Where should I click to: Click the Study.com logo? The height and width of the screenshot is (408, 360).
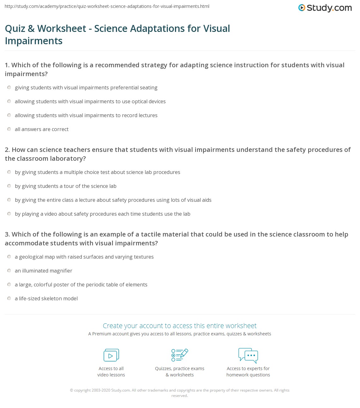pos(325,8)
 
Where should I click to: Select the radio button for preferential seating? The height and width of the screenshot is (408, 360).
pos(9,87)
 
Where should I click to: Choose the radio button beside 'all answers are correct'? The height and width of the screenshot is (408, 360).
pos(9,129)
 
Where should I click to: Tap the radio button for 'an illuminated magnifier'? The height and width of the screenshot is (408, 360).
pos(9,271)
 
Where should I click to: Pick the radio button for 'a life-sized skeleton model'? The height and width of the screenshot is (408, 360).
pos(9,298)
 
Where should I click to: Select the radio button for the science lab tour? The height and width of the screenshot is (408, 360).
pos(9,186)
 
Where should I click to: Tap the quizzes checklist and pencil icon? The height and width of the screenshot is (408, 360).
pos(180,355)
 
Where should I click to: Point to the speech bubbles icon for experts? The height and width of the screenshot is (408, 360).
pos(248,355)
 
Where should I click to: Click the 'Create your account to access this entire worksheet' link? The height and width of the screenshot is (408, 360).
pos(180,326)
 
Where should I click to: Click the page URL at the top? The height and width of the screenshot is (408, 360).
pos(107,6)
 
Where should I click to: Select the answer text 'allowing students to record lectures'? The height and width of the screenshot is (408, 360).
pos(86,115)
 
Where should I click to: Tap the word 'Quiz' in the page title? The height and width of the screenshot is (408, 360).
pos(15,29)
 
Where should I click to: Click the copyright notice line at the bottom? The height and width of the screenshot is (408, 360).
pos(180,390)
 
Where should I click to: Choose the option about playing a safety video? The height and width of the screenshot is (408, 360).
pos(102,214)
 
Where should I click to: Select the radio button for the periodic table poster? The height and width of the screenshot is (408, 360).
pos(9,285)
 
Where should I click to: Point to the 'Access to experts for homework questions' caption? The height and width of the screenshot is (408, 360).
pos(248,372)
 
